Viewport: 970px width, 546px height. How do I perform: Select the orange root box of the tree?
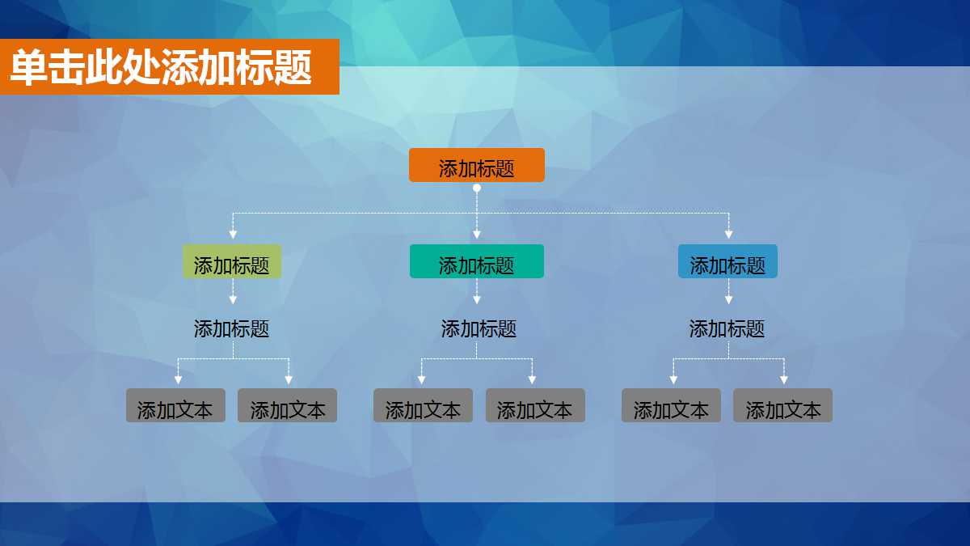click(x=476, y=165)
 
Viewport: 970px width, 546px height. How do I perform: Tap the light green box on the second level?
click(x=232, y=261)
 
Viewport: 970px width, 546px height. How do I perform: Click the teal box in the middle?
click(x=476, y=261)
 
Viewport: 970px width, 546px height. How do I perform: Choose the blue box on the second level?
click(x=727, y=261)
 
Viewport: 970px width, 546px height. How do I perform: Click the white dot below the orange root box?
click(x=477, y=188)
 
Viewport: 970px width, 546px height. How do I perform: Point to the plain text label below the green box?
click(x=232, y=329)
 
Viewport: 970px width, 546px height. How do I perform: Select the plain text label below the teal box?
click(x=479, y=329)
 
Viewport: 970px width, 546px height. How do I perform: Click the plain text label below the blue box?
click(x=727, y=329)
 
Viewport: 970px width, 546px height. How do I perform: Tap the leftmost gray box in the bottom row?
click(x=175, y=405)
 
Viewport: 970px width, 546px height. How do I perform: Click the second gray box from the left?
click(x=287, y=405)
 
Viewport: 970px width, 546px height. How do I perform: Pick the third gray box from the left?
click(x=423, y=405)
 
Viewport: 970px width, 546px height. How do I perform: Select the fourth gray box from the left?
click(x=534, y=405)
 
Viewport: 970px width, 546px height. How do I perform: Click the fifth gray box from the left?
click(x=671, y=405)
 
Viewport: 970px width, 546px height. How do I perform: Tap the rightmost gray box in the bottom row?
click(x=782, y=405)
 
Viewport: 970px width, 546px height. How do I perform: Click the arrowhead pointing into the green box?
click(x=233, y=235)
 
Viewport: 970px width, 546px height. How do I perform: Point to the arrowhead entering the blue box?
click(x=728, y=235)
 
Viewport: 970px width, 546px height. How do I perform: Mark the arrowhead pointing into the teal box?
click(x=477, y=235)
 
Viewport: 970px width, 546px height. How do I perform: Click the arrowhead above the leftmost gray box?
click(x=178, y=379)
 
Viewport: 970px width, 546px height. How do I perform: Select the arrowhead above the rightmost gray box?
click(x=784, y=379)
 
